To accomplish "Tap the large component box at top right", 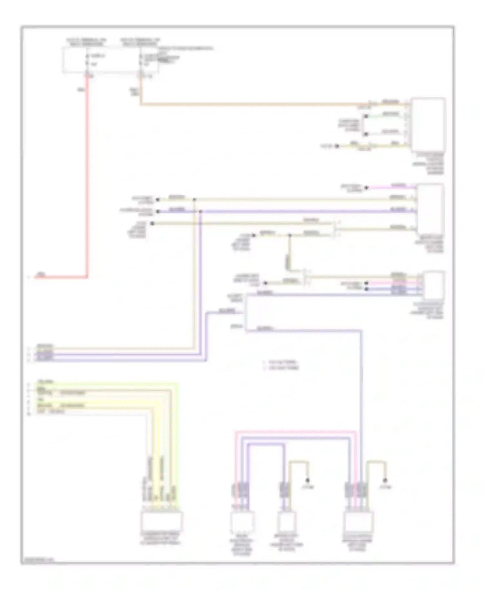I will (x=428, y=125).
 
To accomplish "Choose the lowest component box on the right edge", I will (x=434, y=286).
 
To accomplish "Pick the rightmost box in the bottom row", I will (x=359, y=522).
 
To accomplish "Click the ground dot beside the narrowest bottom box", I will (x=308, y=480).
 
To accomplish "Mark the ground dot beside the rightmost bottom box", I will (x=385, y=480).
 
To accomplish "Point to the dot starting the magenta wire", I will (x=367, y=188).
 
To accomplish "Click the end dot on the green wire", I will (x=366, y=116).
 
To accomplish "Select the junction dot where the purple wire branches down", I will (x=200, y=212).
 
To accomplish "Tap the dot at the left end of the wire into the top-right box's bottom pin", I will (x=337, y=146).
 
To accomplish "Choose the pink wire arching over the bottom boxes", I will (x=295, y=432).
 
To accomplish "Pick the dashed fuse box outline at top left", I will (x=110, y=60).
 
